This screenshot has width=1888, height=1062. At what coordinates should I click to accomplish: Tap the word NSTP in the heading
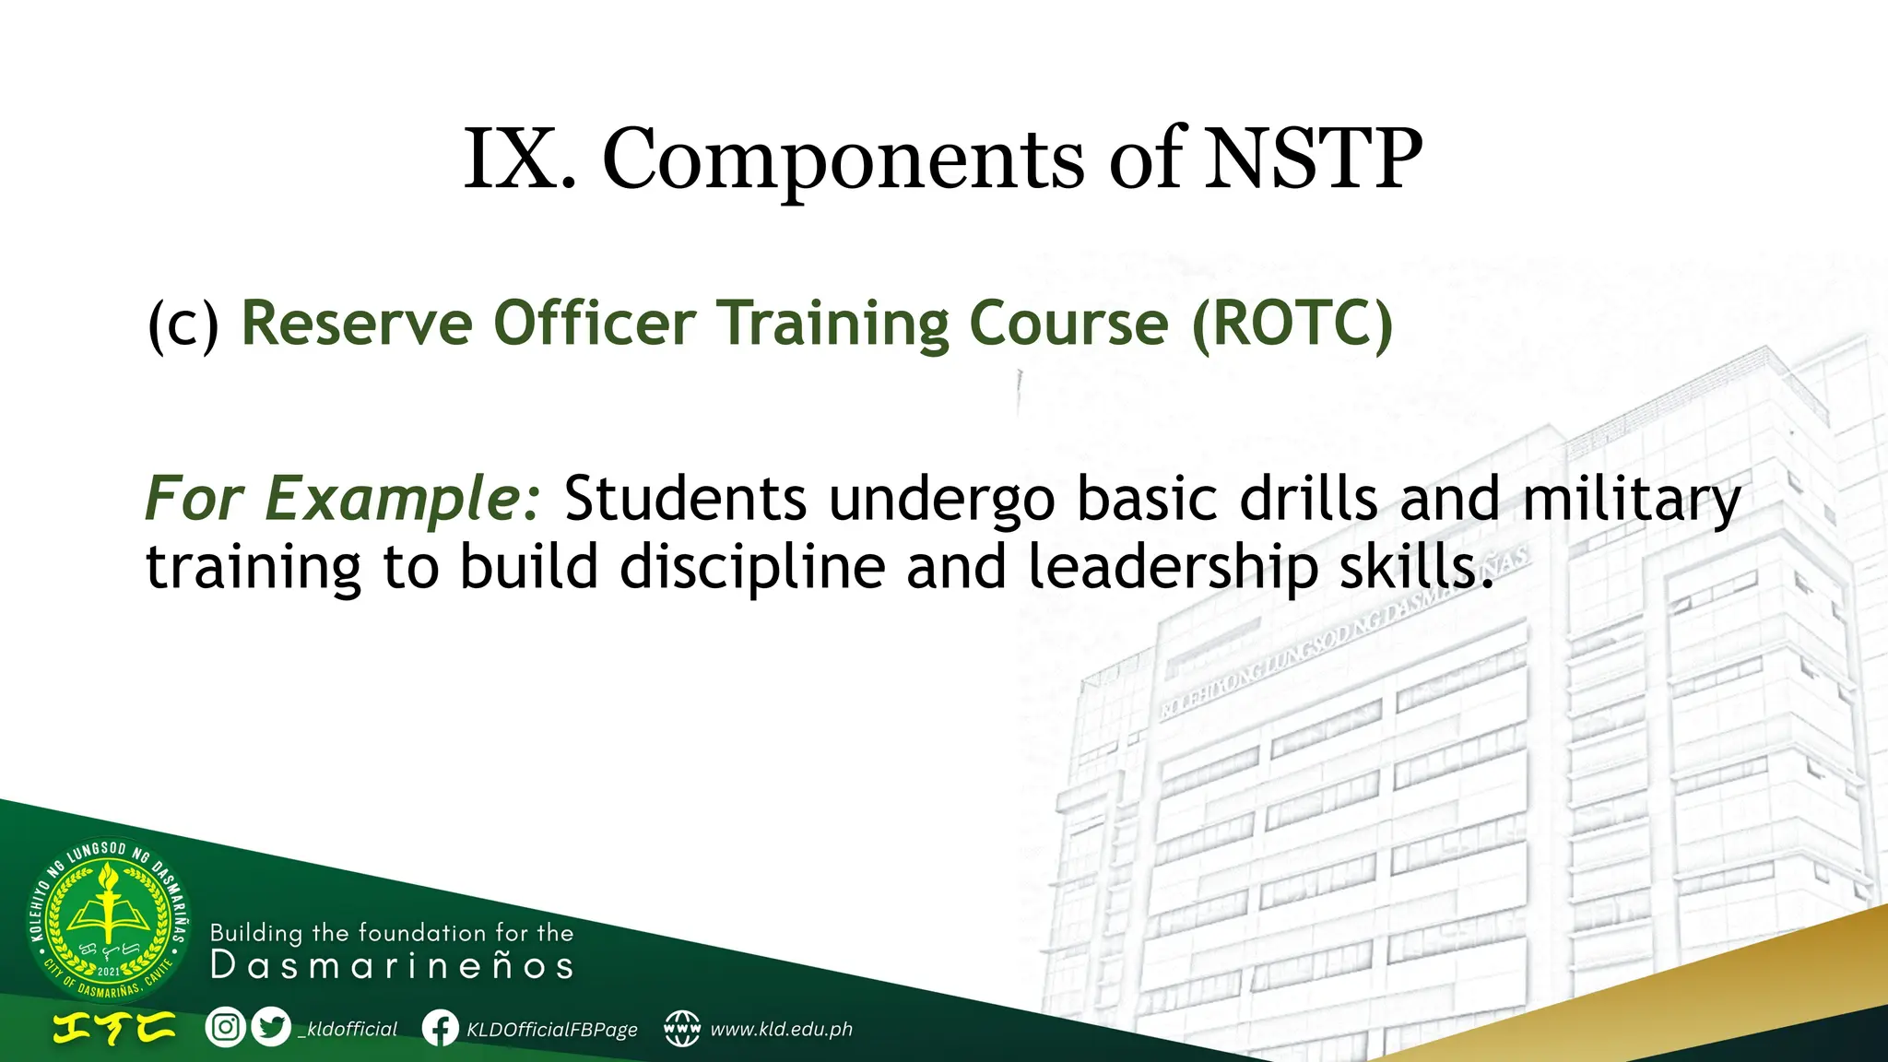point(1313,159)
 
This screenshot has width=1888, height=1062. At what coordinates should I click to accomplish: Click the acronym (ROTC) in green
point(1292,324)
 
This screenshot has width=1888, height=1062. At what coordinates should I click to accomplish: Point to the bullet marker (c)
point(183,325)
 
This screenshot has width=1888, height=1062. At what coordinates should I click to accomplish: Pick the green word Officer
point(595,324)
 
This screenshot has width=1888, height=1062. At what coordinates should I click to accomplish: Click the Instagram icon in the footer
point(225,1027)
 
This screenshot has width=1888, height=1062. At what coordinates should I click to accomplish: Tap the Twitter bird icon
point(271,1027)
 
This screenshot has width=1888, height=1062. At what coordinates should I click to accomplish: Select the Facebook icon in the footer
point(440,1028)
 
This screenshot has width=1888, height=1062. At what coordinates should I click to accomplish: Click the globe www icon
point(682,1028)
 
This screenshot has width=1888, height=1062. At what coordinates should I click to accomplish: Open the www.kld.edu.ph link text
point(781,1029)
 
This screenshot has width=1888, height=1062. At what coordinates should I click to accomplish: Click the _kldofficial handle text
point(348,1029)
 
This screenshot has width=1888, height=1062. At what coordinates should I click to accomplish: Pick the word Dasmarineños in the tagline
point(392,966)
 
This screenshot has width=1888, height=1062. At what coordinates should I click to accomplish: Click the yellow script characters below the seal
point(113,1028)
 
